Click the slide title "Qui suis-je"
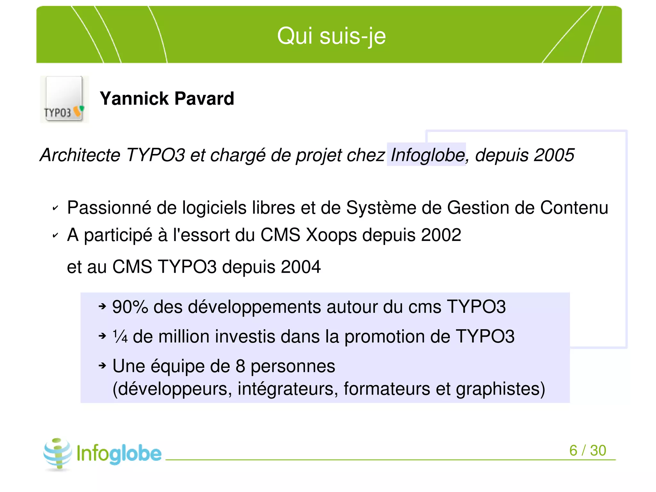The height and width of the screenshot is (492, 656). pyautogui.click(x=331, y=36)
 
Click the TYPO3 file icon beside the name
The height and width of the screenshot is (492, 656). pyautogui.click(x=64, y=99)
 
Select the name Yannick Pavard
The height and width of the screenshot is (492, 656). pyautogui.click(x=167, y=98)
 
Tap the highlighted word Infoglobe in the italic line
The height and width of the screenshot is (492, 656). pyautogui.click(x=427, y=155)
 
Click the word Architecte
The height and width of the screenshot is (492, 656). pyautogui.click(x=80, y=155)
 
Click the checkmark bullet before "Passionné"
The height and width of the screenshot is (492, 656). pyautogui.click(x=55, y=208)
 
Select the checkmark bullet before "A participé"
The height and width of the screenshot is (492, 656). pyautogui.click(x=55, y=236)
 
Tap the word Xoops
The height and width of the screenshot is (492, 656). pyautogui.click(x=331, y=235)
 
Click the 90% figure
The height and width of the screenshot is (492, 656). pyautogui.click(x=130, y=307)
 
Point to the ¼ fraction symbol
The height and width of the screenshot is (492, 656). pyautogui.click(x=120, y=337)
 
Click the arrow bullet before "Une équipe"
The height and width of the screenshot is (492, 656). pyautogui.click(x=102, y=365)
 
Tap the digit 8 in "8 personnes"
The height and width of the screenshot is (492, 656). pyautogui.click(x=240, y=366)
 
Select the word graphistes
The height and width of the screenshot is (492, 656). pyautogui.click(x=500, y=389)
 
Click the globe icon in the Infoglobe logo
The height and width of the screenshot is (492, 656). pyautogui.click(x=58, y=454)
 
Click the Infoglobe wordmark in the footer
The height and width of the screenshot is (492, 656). pyautogui.click(x=119, y=454)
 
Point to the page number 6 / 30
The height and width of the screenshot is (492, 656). pyautogui.click(x=587, y=450)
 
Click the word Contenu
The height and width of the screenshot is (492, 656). pyautogui.click(x=574, y=208)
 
